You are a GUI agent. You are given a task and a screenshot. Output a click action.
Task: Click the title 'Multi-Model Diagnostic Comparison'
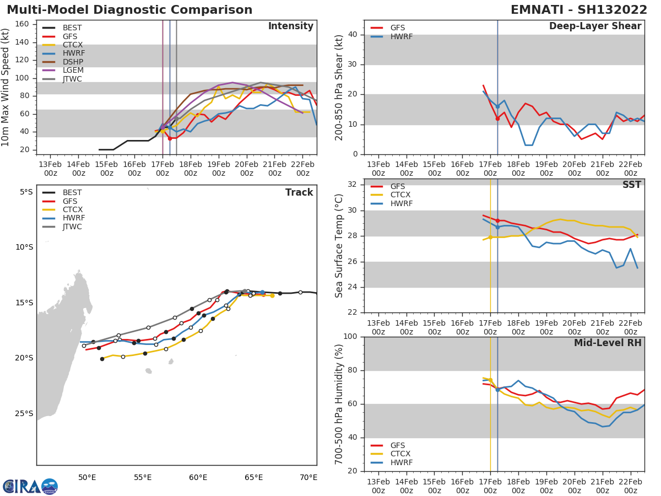tap(129, 10)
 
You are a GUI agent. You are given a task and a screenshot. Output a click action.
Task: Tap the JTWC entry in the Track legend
tap(73, 227)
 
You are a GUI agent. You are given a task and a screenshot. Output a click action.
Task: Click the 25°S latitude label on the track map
tap(24, 413)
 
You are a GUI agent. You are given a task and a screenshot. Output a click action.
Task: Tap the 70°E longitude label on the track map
tap(308, 477)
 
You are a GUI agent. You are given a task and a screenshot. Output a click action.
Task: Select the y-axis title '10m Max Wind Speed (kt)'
tap(6, 87)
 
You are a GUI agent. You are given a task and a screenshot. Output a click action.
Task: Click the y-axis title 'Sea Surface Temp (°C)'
tap(339, 246)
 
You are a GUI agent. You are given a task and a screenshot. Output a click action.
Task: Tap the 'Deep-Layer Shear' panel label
tap(595, 26)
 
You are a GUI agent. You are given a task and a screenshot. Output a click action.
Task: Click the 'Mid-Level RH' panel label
tap(607, 343)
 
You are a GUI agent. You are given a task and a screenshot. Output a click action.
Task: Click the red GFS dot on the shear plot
tap(497, 118)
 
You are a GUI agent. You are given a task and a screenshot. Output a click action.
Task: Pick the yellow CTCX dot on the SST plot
tap(490, 238)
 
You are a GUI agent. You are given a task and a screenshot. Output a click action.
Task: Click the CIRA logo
tap(30, 486)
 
